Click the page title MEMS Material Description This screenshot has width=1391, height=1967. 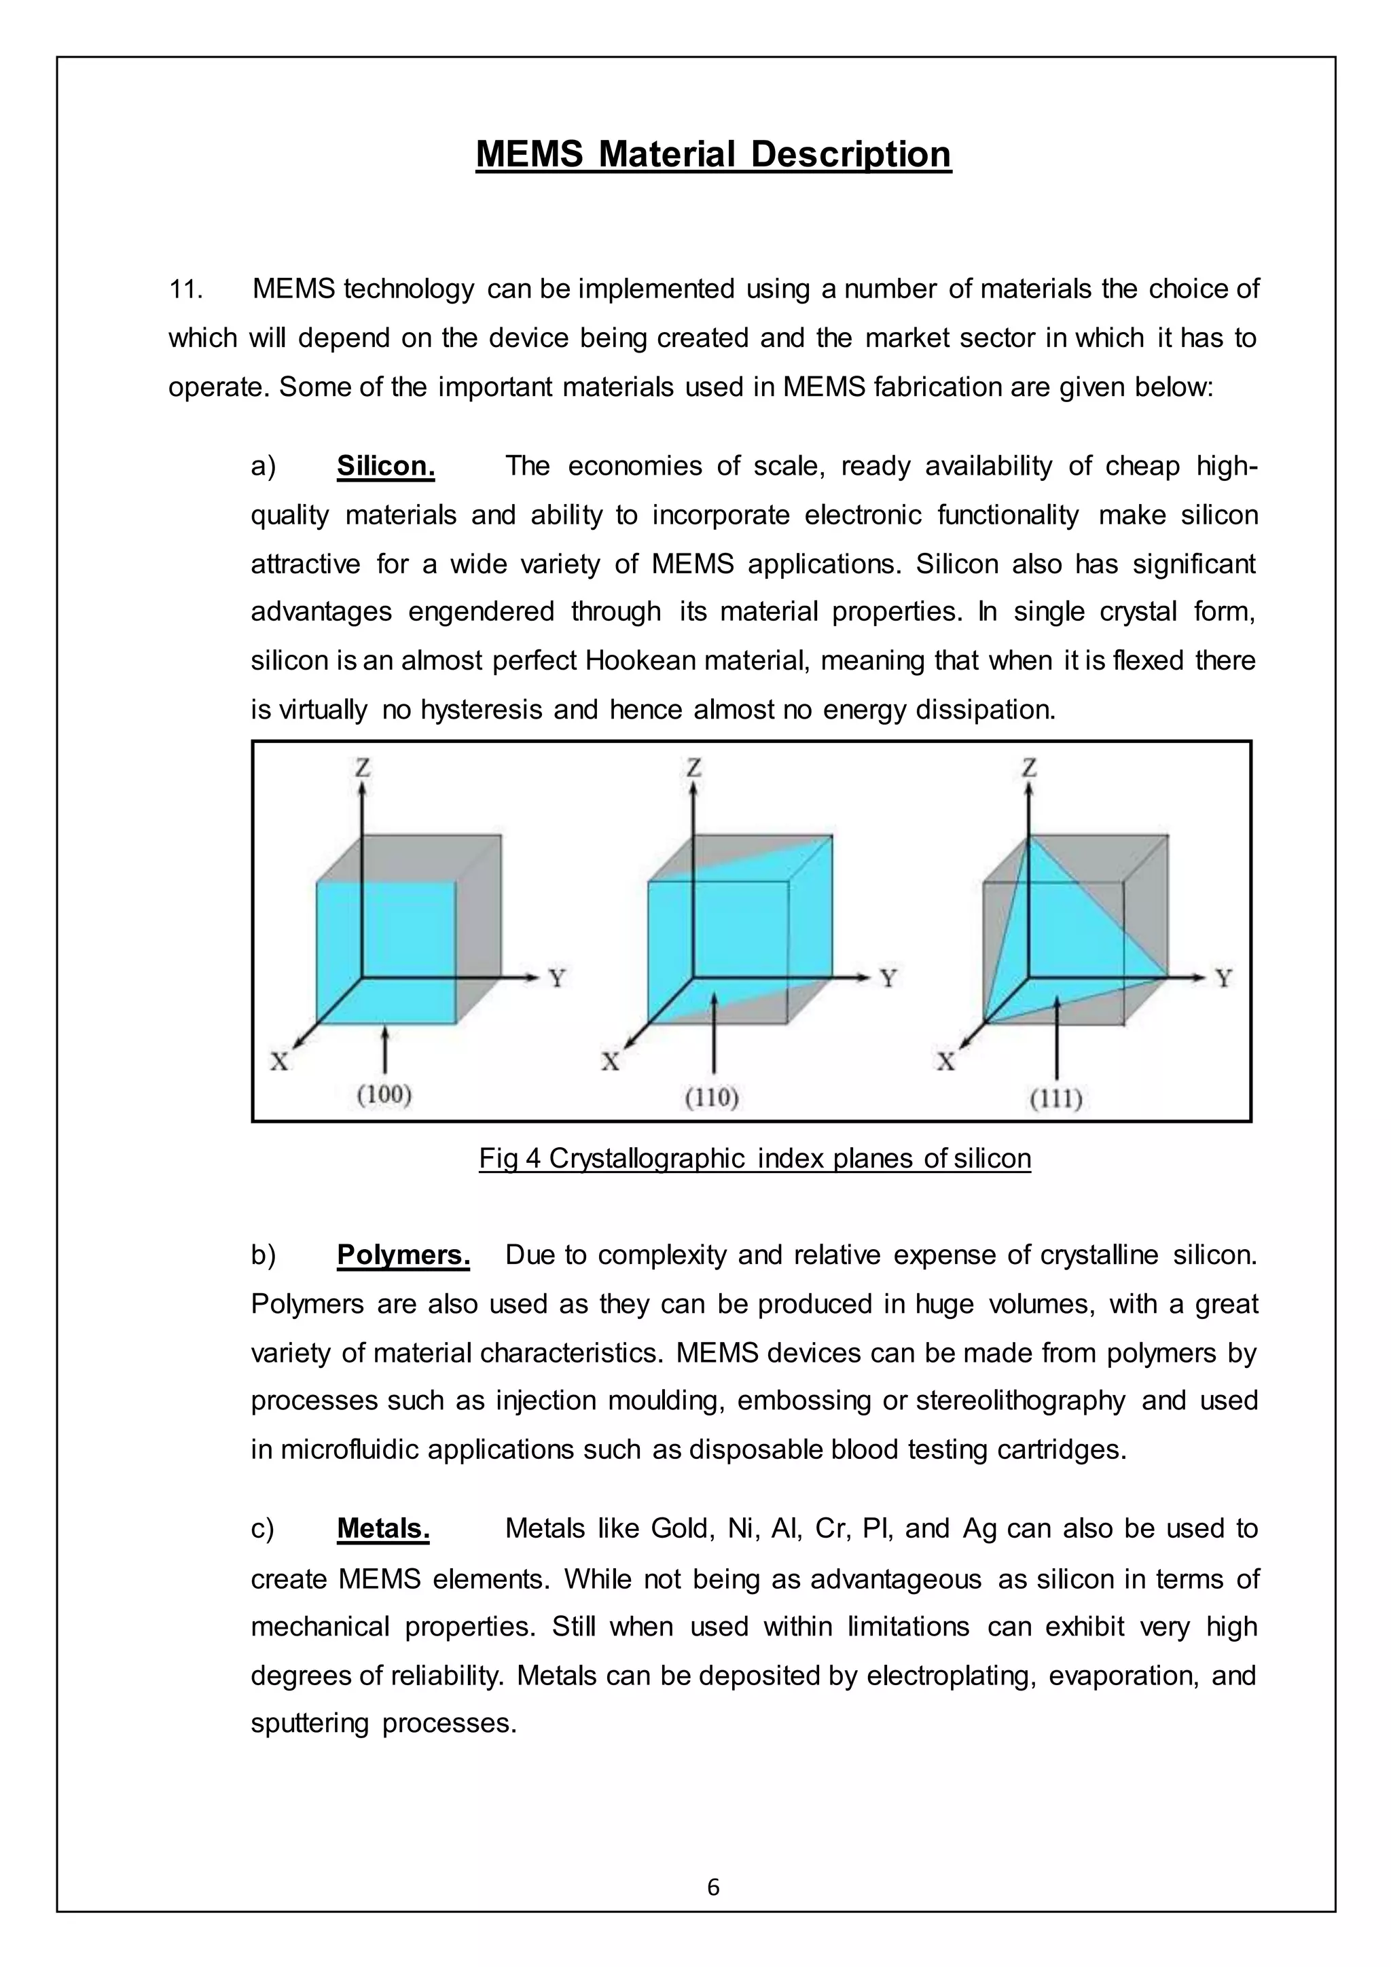click(712, 154)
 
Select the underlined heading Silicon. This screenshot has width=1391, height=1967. click(385, 466)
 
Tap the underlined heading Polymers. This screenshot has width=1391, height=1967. click(403, 1255)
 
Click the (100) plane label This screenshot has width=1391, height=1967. click(384, 1094)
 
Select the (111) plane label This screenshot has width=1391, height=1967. click(1055, 1098)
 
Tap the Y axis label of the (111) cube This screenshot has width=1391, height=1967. click(1224, 977)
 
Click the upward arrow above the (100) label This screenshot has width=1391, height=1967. click(384, 1049)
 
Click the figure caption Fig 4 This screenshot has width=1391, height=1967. click(754, 1158)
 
